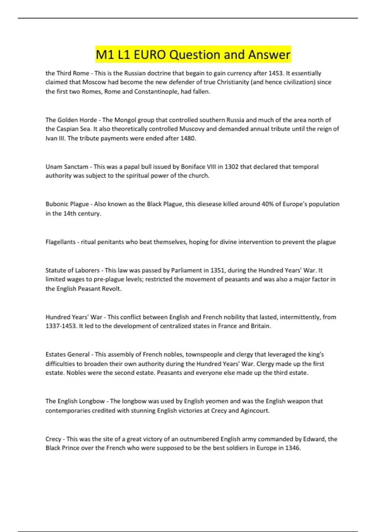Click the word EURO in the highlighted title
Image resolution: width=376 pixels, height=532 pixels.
click(150, 55)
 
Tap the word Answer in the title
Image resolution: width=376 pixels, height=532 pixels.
click(269, 55)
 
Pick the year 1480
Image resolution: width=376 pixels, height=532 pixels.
click(188, 138)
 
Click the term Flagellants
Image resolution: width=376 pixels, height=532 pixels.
click(60, 242)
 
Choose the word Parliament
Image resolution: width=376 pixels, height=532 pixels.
click(186, 270)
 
